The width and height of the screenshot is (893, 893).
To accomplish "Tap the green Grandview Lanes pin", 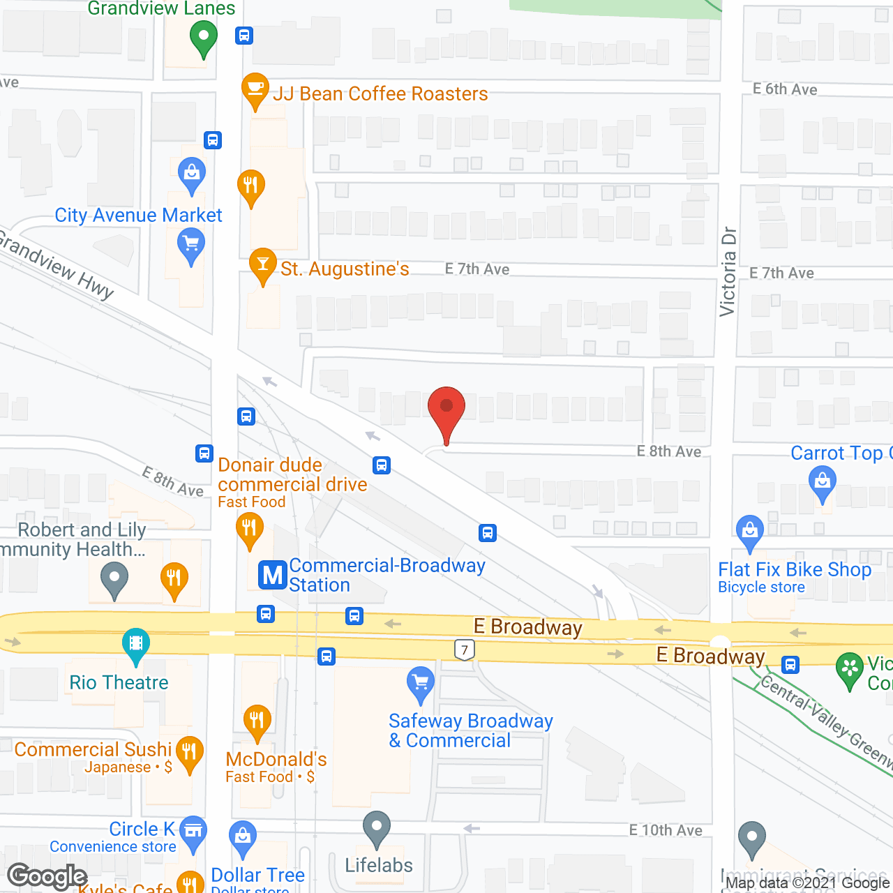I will coord(203,36).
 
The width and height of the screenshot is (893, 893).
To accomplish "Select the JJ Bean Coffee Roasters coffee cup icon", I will coord(255,89).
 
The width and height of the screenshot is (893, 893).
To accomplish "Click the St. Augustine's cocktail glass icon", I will coord(263,264).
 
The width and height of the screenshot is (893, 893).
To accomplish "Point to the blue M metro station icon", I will coord(273,576).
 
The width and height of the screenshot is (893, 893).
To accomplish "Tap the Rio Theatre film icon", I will coord(136,643).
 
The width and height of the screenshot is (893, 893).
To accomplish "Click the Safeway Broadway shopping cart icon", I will coord(421,682).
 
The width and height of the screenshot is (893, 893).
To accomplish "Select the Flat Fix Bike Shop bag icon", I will coord(750,530).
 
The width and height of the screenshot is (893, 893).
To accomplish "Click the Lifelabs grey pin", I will coord(377,827).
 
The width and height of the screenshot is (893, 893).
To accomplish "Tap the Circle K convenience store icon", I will coord(193,831).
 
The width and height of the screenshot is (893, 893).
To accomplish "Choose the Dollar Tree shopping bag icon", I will coord(243,836).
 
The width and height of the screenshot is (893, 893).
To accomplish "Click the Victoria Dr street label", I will coord(728,271).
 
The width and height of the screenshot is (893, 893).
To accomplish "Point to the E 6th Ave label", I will coord(785,89).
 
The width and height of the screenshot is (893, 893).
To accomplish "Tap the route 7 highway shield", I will coord(465,650).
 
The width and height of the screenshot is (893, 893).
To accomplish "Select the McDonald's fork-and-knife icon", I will coord(257,720).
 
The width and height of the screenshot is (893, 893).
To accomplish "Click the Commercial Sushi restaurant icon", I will coord(189,752).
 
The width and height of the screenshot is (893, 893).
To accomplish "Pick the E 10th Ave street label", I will coord(666,830).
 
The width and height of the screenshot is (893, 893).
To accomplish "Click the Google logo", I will coord(47,876).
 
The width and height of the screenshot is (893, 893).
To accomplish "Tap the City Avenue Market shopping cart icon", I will coord(190,246).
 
